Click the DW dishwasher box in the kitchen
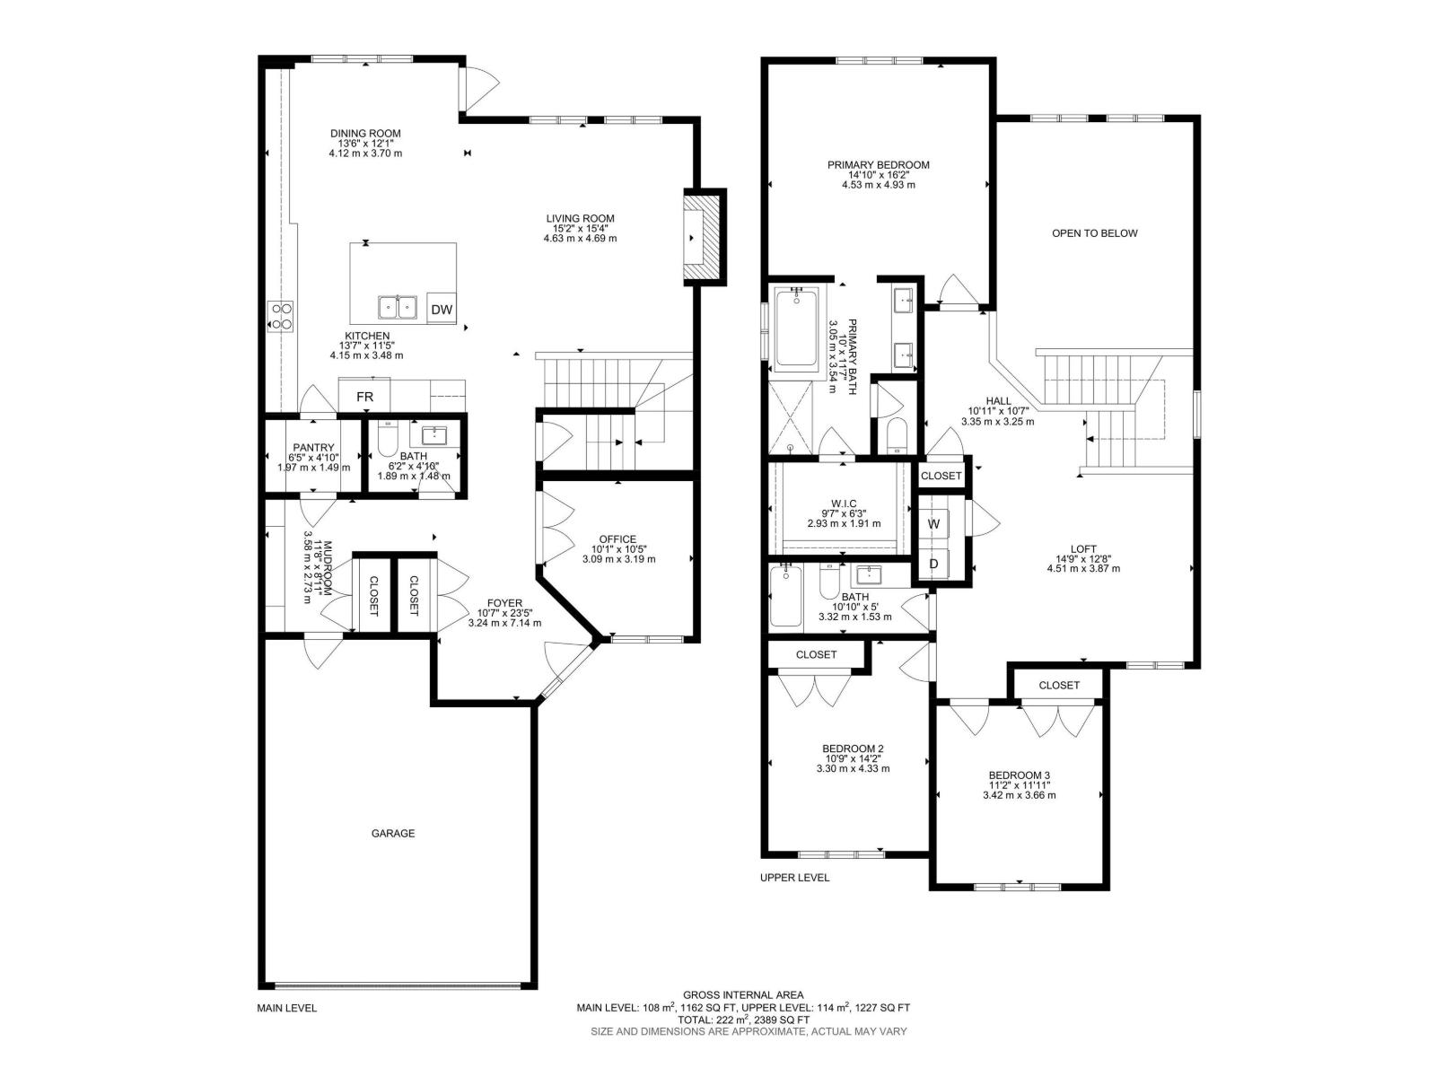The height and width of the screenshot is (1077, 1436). [x=441, y=310]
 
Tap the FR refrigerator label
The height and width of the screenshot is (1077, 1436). [x=364, y=397]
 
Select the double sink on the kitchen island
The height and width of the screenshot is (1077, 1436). [x=398, y=308]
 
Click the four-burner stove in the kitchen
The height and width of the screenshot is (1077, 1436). [x=281, y=316]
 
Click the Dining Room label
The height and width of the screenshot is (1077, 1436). [x=364, y=134]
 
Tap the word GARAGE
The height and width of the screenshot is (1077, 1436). [x=393, y=833]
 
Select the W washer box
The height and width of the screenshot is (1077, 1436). [x=933, y=523]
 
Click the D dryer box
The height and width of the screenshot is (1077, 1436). [x=933, y=564]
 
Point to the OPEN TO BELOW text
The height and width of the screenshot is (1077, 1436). [x=1094, y=233]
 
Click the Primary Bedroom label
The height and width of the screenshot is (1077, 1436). [x=878, y=165]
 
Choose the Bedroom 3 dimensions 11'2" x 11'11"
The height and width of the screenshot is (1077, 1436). [x=1019, y=785]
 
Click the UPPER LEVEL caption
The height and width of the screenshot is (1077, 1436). [x=794, y=878]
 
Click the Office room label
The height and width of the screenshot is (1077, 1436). [x=617, y=539]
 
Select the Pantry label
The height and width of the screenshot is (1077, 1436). [x=313, y=448]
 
